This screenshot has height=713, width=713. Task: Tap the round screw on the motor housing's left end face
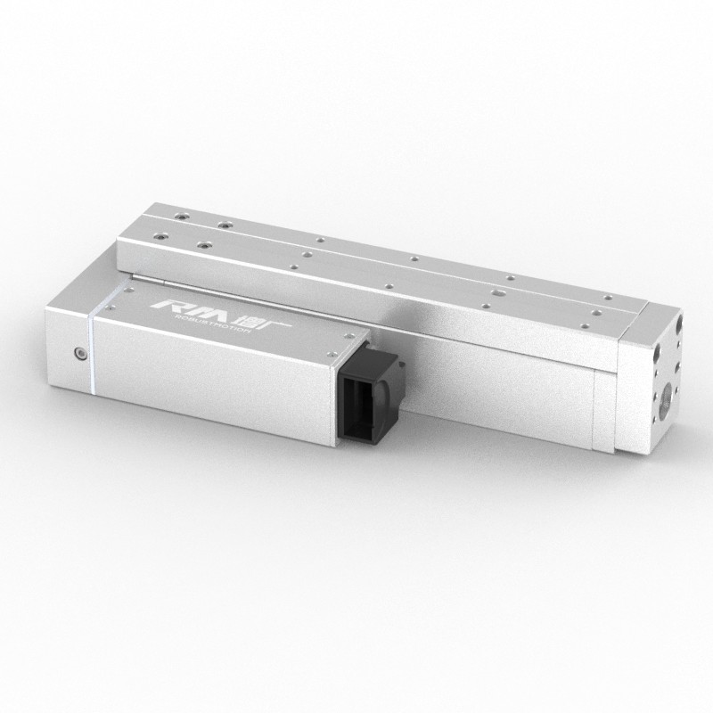tap(80, 353)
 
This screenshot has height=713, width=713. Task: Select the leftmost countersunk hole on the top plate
tap(161, 235)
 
